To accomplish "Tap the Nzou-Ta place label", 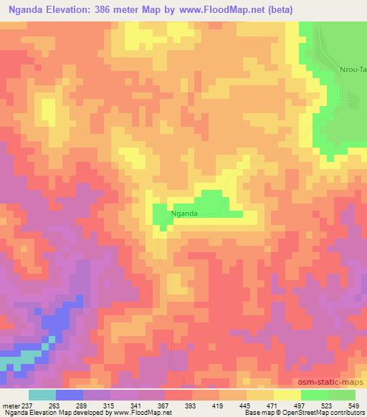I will (x=353, y=69).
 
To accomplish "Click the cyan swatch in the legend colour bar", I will (x=42, y=395).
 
